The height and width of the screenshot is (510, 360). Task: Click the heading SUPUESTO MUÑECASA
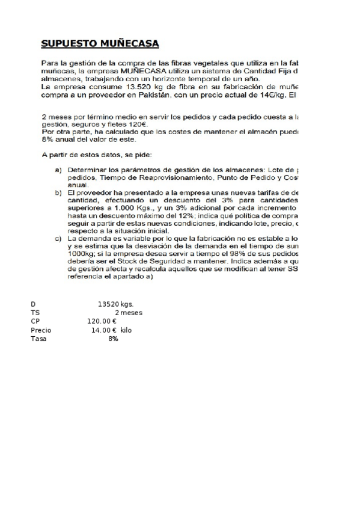point(100,44)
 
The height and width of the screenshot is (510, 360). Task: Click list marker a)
point(58,170)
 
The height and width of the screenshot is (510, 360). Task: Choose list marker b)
point(58,192)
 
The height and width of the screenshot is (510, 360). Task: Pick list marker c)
point(58,239)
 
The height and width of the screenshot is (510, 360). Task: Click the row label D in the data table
point(33,304)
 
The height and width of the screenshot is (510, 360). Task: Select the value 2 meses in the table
point(128,313)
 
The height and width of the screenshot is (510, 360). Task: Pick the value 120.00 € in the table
point(102,321)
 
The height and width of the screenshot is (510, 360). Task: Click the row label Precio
point(41,330)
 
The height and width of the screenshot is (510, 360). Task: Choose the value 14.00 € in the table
point(104,330)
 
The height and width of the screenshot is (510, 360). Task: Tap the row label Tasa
point(38,339)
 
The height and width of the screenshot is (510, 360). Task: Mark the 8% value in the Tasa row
point(113,339)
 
